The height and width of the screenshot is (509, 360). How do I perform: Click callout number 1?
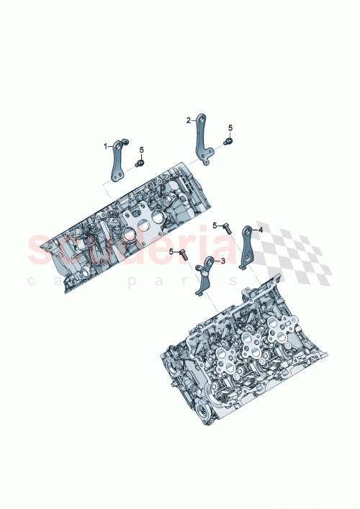pyautogui.click(x=105, y=146)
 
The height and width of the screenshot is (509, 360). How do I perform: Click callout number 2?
pyautogui.click(x=189, y=120)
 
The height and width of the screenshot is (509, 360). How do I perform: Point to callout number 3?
pyautogui.click(x=223, y=261)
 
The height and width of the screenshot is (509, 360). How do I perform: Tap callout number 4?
pyautogui.click(x=261, y=230)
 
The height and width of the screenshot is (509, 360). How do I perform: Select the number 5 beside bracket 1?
pyautogui.click(x=142, y=150)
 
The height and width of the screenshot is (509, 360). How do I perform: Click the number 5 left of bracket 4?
pyautogui.click(x=214, y=225)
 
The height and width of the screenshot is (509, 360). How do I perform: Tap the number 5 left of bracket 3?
pyautogui.click(x=171, y=251)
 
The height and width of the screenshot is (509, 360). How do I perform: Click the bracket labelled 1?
pyautogui.click(x=117, y=162)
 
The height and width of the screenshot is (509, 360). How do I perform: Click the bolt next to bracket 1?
pyautogui.click(x=140, y=163)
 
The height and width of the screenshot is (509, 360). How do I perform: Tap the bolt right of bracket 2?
pyautogui.click(x=228, y=142)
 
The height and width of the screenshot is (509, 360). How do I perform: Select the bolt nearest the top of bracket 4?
pyautogui.click(x=226, y=230)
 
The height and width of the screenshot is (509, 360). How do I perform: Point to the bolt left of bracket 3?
pyautogui.click(x=183, y=253)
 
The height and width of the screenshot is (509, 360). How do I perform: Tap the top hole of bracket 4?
pyautogui.click(x=247, y=230)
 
